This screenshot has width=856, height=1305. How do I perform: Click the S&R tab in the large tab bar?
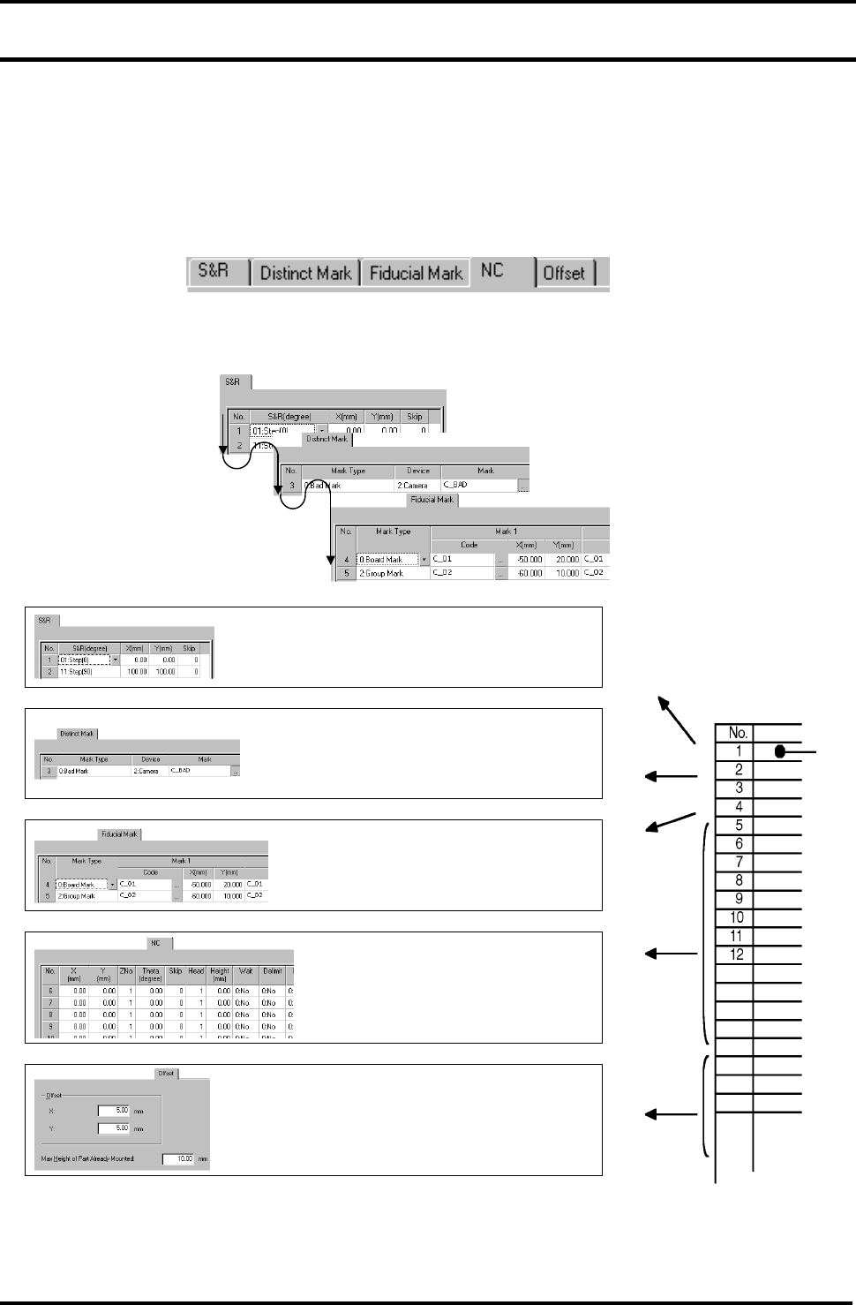click(214, 272)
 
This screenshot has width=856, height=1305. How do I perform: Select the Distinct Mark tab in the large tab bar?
click(305, 274)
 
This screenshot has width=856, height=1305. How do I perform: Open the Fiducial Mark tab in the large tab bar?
click(416, 274)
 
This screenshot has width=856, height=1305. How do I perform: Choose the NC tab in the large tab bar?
click(492, 271)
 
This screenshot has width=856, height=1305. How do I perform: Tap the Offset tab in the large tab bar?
click(564, 274)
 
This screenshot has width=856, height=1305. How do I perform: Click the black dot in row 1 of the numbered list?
click(780, 751)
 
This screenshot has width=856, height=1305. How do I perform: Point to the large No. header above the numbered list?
click(738, 733)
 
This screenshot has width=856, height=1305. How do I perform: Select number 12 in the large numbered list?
click(737, 954)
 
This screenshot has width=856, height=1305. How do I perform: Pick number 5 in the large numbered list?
click(739, 826)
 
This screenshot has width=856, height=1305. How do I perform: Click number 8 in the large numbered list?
click(739, 880)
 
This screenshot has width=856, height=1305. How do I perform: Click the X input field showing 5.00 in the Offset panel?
click(114, 1111)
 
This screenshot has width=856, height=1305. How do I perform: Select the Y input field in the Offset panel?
click(114, 1128)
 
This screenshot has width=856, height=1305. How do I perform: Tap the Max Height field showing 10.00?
click(178, 1158)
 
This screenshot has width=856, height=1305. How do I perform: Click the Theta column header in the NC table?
click(151, 975)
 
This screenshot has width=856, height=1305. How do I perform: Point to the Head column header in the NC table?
click(196, 971)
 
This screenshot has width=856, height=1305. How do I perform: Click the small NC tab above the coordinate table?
click(156, 943)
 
